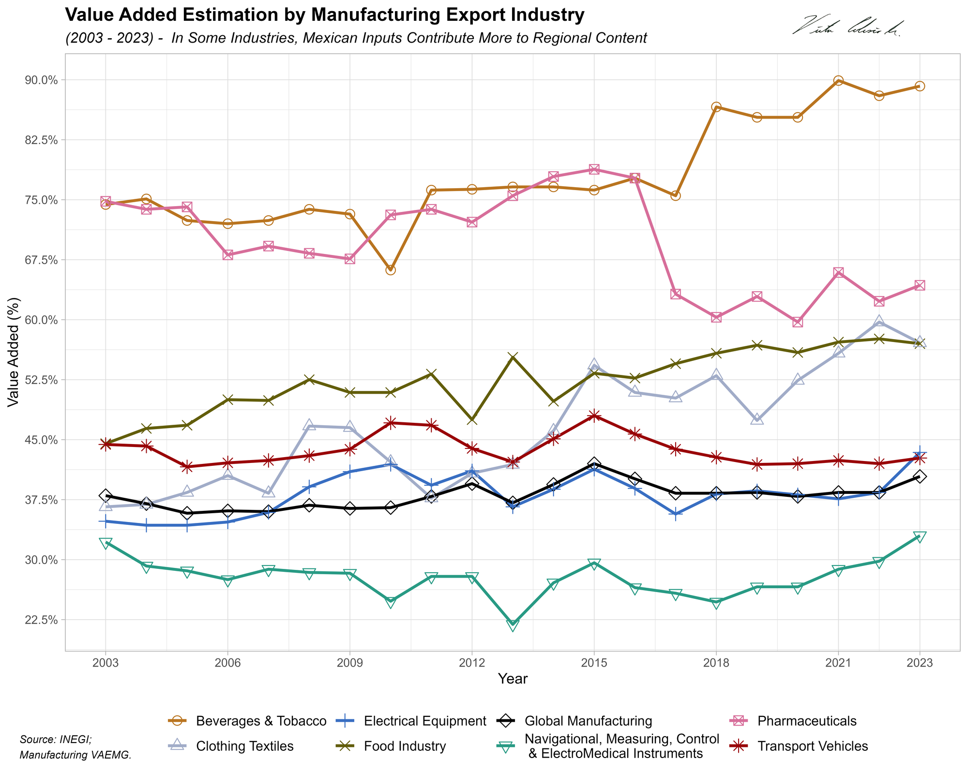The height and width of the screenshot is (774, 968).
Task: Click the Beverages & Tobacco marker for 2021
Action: click(x=838, y=81)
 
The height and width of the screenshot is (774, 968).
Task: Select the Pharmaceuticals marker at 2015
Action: click(x=594, y=169)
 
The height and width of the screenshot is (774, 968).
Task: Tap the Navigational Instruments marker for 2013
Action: click(x=513, y=625)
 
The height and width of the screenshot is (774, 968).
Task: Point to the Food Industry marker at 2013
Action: click(x=513, y=357)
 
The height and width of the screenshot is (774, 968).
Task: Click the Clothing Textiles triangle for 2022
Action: click(x=879, y=322)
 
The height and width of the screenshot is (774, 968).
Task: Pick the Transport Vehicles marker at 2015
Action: click(x=594, y=416)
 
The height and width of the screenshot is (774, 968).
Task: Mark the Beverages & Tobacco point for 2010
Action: click(x=391, y=269)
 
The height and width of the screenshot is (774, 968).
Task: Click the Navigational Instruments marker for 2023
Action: click(x=920, y=537)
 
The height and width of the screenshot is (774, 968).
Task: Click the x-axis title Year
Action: click(x=513, y=679)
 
